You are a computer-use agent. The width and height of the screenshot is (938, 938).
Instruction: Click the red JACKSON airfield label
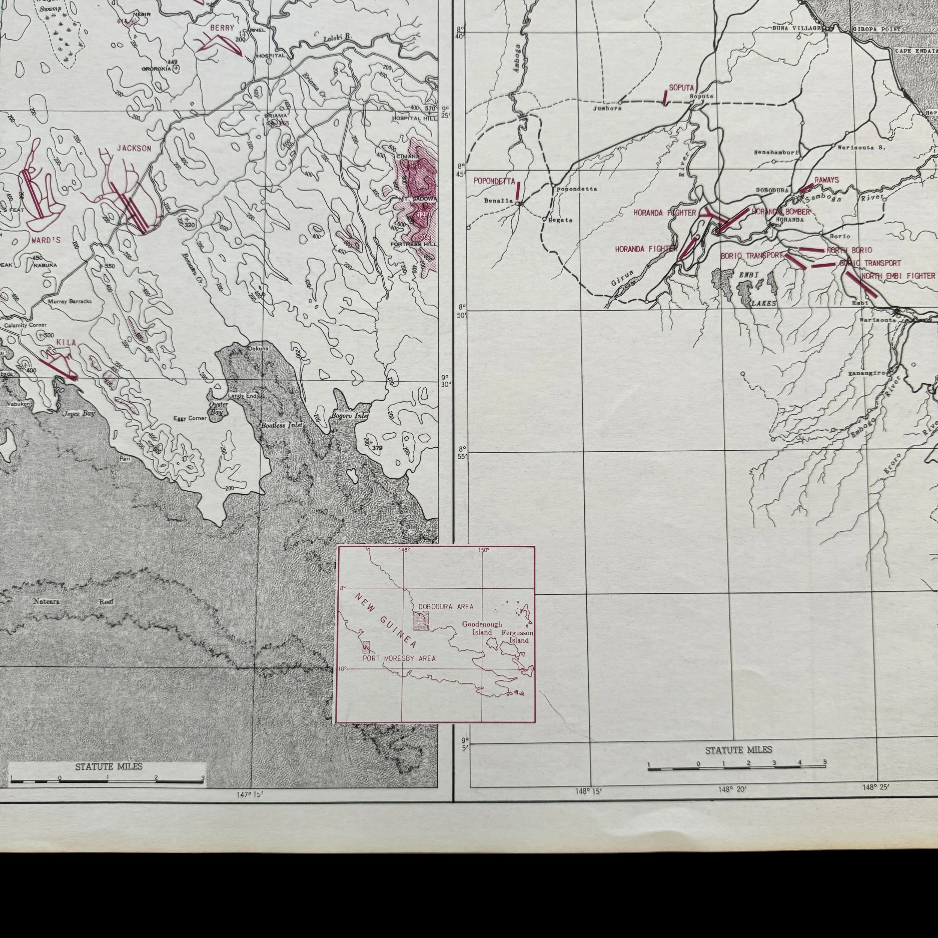click(x=134, y=149)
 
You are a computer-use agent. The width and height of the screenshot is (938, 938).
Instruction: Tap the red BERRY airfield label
click(x=222, y=28)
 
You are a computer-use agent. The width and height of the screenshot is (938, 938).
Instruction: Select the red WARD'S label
click(x=46, y=240)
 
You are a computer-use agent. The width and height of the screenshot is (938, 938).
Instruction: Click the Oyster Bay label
click(x=218, y=408)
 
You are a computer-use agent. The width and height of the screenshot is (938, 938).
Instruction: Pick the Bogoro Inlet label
click(x=350, y=416)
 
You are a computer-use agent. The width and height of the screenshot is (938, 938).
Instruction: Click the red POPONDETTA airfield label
click(x=494, y=181)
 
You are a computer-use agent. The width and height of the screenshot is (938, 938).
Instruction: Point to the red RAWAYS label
click(x=826, y=180)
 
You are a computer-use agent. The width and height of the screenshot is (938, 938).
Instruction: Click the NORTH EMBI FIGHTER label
click(x=898, y=276)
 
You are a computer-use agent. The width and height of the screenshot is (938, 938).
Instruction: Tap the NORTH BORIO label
click(x=849, y=250)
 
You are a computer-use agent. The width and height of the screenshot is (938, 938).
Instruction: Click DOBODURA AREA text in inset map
click(x=446, y=607)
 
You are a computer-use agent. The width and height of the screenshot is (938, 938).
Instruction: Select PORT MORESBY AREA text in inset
click(x=399, y=658)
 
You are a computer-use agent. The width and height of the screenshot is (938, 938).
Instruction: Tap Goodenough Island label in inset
click(x=482, y=628)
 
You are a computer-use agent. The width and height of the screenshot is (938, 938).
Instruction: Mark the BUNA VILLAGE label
click(x=798, y=29)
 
